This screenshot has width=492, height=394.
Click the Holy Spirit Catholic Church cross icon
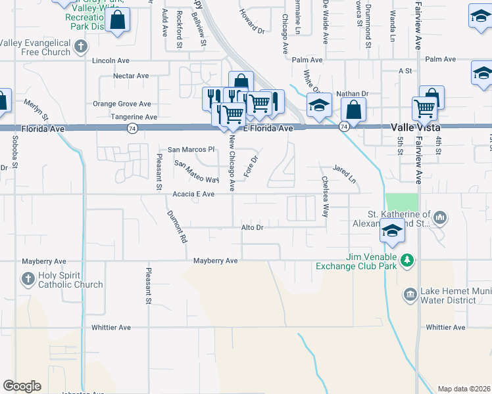coord(28,279)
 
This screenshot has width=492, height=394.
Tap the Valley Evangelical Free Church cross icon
coord(80,47)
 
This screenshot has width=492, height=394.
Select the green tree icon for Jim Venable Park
coord(408,261)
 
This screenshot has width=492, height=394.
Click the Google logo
coord(22,386)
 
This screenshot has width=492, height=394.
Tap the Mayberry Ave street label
coord(215,261)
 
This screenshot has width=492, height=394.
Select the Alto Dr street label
coord(252,227)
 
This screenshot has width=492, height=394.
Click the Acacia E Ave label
coord(193,194)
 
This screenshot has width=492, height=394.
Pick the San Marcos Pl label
coord(191,150)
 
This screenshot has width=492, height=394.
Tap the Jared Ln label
coord(344,174)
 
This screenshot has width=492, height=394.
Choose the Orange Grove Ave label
coord(122,104)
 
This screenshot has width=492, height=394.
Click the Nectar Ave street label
coord(131,76)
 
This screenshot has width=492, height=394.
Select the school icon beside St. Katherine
coord(391,230)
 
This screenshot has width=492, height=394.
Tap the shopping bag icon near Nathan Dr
coord(354,110)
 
